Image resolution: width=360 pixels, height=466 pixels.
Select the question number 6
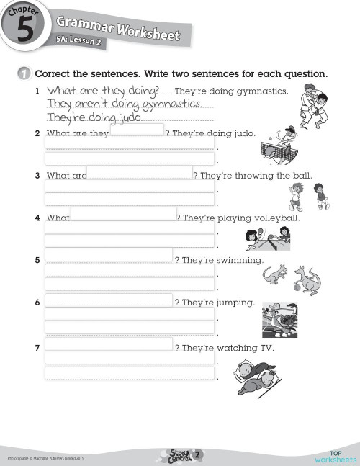pos(37,303)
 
